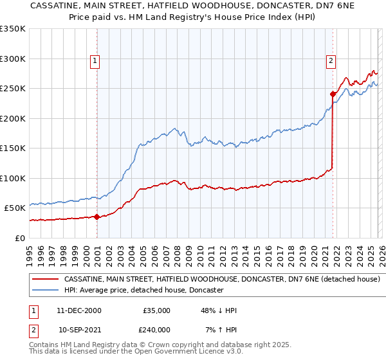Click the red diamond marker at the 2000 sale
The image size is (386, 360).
(96, 217)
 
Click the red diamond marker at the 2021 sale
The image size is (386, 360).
(333, 94)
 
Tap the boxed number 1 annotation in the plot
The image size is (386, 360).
(95, 61)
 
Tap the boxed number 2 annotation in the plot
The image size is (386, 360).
(331, 61)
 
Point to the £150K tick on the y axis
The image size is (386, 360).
(13, 148)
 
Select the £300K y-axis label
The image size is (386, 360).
(13, 59)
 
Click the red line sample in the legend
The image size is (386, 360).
(45, 280)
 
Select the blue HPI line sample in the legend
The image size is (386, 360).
(45, 291)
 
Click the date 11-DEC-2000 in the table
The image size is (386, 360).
(79, 310)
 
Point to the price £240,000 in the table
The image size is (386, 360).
(156, 330)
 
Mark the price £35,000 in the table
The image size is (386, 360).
(156, 310)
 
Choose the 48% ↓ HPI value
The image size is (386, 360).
(218, 310)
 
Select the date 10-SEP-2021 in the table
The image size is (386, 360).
(79, 330)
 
